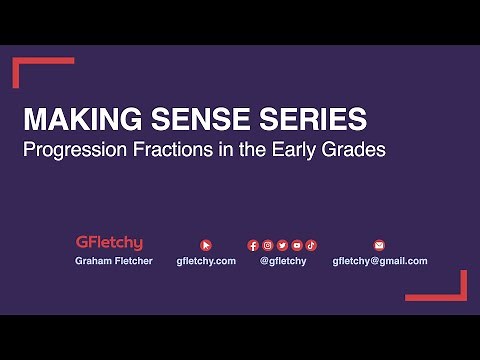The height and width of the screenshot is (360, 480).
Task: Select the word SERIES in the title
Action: [311, 120]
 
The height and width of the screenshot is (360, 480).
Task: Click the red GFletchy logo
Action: [109, 243]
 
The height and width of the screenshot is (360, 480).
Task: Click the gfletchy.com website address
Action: [206, 261]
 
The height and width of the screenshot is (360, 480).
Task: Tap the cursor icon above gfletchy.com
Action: [206, 244]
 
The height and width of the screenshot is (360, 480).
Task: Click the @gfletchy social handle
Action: [283, 261]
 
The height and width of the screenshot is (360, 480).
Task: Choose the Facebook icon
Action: [254, 244]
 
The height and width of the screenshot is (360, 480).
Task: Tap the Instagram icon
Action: [268, 244]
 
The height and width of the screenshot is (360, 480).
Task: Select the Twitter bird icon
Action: [283, 244]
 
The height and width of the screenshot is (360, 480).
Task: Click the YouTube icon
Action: [297, 244]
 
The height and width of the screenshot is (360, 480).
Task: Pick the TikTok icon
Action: [311, 244]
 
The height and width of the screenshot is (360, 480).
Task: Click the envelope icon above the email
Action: [379, 244]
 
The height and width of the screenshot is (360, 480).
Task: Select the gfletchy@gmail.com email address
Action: [379, 261]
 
